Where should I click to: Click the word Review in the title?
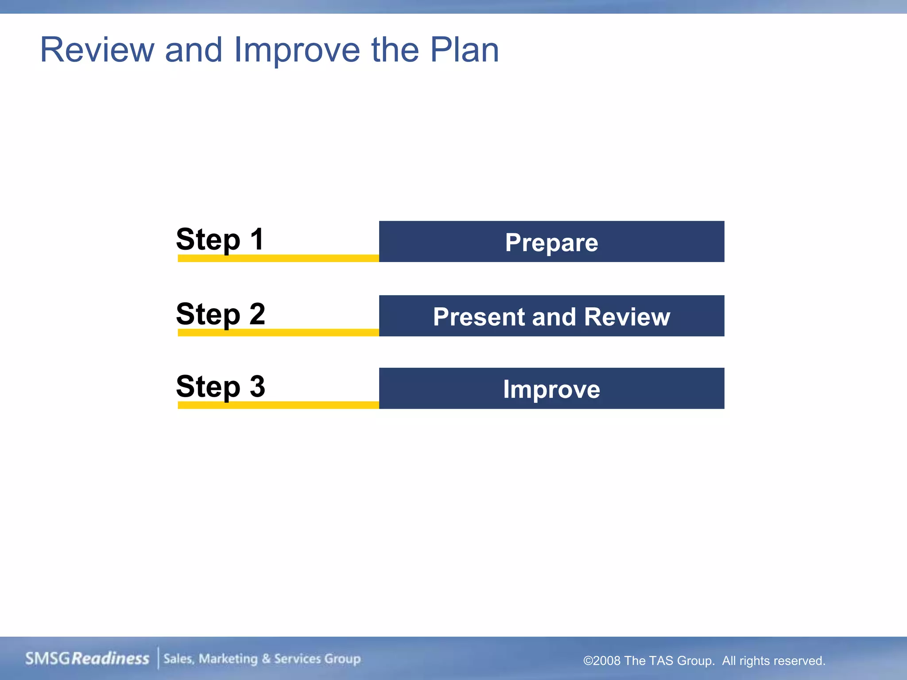97,50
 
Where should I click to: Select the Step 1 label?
220,240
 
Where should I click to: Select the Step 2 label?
221,314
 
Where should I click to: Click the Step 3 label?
221,386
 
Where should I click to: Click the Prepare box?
551,242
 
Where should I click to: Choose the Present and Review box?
551,316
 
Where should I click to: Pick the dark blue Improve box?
551,389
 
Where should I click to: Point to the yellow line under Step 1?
278,258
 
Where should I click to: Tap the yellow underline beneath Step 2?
278,332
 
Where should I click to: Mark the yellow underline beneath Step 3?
278,405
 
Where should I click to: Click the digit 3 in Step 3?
257,386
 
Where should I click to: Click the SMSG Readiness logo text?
87,658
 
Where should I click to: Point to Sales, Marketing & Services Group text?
262,659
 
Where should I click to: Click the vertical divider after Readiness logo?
158,658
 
